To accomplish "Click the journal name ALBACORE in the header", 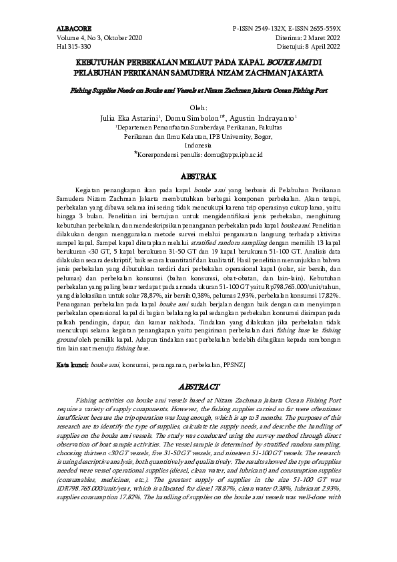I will [x=73, y=29].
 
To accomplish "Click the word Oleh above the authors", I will [x=198, y=107].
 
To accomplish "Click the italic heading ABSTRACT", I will [x=198, y=386].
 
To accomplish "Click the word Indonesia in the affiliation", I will [x=198, y=144].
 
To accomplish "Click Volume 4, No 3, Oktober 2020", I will [x=95, y=38].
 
